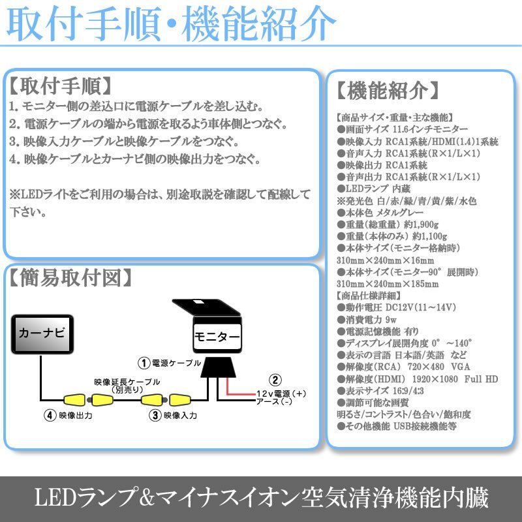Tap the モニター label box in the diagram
217,337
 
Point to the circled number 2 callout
275,380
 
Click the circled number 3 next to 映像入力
155,414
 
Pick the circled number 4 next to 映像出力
48,414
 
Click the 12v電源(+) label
281,393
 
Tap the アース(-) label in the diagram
275,402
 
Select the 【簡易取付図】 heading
72,279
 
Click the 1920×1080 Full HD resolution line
418,378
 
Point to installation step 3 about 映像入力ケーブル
123,141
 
